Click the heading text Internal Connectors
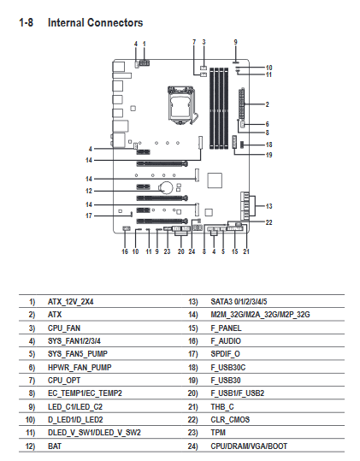(x=95, y=22)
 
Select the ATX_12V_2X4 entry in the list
(x=70, y=302)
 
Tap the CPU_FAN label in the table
(x=64, y=328)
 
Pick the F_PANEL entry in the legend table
(x=226, y=328)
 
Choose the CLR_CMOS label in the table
(x=230, y=420)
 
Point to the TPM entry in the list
(x=218, y=433)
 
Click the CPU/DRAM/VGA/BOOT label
(x=249, y=446)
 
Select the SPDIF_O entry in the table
(x=225, y=354)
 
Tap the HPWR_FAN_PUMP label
(x=80, y=367)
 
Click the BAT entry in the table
(x=55, y=446)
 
